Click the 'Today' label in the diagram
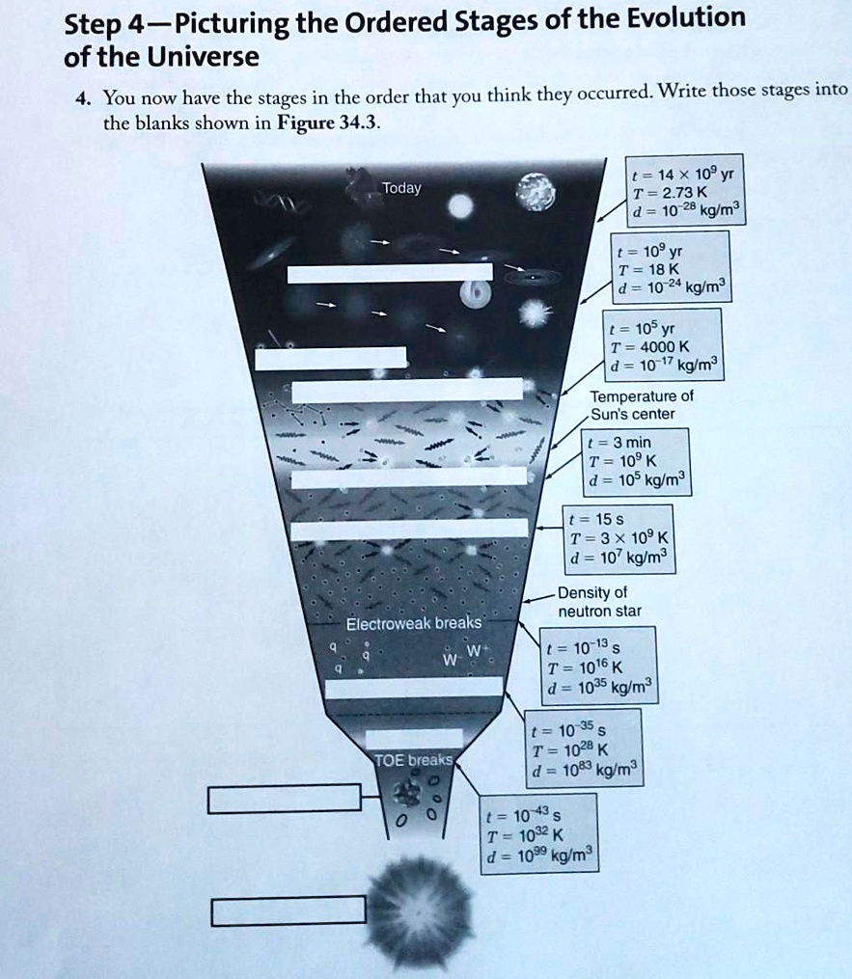401,188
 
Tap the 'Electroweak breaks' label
415,622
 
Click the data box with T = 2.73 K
684,189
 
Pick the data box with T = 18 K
672,266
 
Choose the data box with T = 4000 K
663,342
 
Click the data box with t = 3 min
636,462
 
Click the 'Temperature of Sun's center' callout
641,405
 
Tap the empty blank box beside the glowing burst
289,910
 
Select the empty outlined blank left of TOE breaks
285,798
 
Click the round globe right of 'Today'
536,190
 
